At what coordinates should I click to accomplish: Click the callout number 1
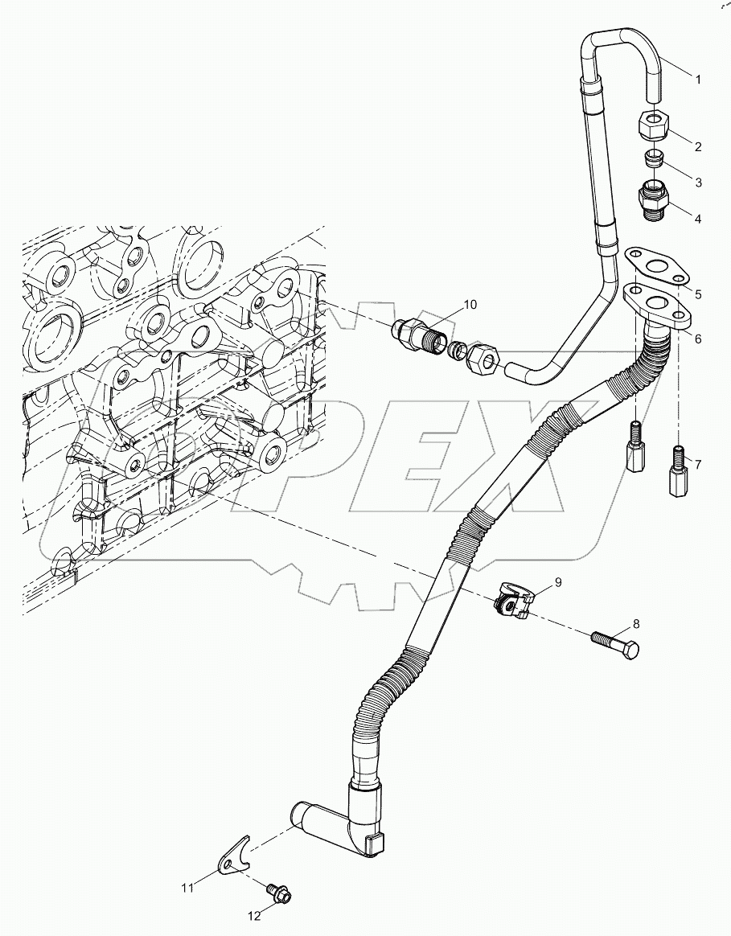[697, 79]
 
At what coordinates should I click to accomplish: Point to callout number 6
[697, 339]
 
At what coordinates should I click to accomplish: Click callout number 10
[469, 304]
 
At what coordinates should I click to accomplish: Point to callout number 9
[557, 580]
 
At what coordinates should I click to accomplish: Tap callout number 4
[697, 218]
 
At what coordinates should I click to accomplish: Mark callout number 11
[186, 887]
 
